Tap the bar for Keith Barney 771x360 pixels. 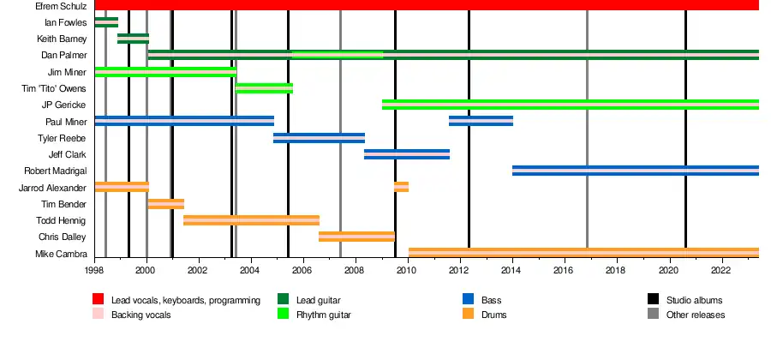click(133, 39)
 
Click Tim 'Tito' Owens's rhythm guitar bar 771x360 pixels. click(264, 88)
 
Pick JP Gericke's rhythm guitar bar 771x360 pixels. click(570, 105)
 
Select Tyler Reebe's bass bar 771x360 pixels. click(319, 138)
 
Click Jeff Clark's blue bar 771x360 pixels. click(407, 154)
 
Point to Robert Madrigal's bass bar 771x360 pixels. click(635, 171)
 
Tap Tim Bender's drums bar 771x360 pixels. click(165, 204)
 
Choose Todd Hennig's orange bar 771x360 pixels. click(251, 220)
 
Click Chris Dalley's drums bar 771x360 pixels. click(356, 237)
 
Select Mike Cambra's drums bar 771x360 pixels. click(583, 253)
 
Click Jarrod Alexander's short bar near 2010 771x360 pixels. click(401, 187)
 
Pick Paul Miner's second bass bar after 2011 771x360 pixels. click(481, 121)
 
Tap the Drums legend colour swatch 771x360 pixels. click(469, 315)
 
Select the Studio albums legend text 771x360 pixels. click(694, 300)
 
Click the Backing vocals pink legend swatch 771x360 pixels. click(99, 315)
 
